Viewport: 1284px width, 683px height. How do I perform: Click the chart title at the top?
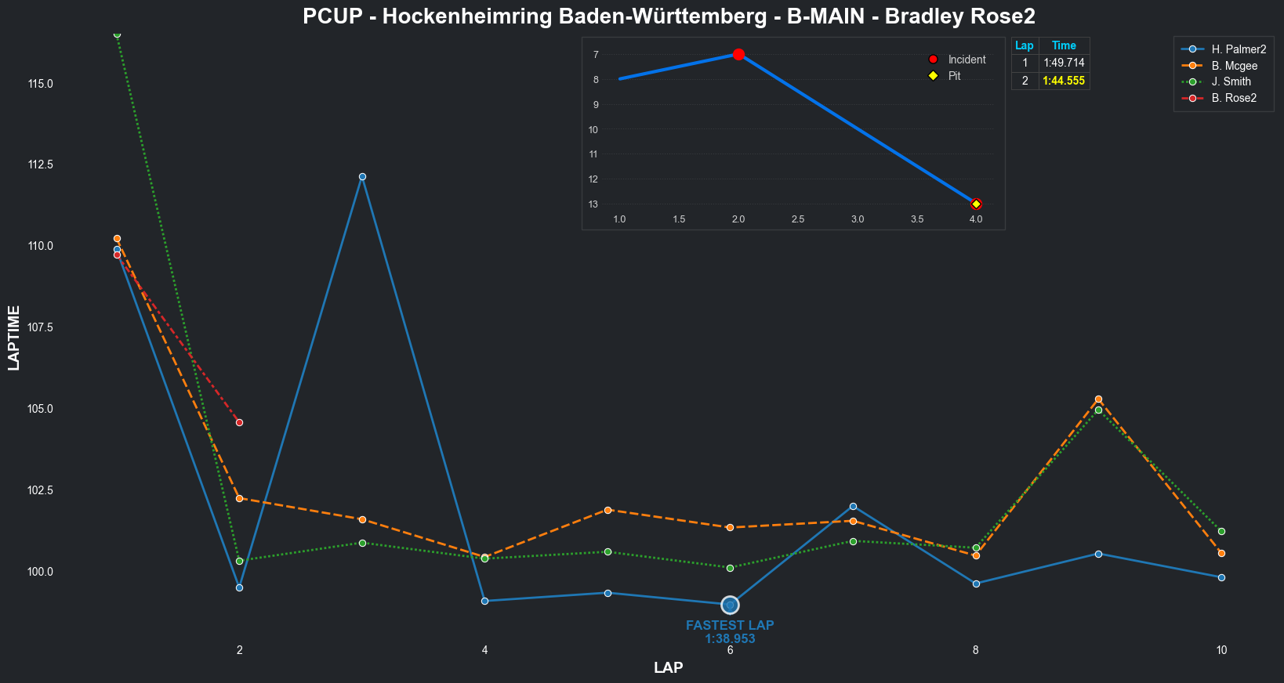(669, 16)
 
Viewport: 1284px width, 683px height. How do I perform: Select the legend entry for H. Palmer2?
(1238, 49)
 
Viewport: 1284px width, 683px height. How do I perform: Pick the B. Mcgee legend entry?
(1234, 66)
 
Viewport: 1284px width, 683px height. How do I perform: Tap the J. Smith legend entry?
(1231, 81)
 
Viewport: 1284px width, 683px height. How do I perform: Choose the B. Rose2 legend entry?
(1233, 98)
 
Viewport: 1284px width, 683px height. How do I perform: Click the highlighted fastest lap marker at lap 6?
(730, 605)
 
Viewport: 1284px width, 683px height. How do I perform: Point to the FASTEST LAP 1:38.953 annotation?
(730, 632)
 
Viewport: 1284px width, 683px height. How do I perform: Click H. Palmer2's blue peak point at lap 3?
(362, 177)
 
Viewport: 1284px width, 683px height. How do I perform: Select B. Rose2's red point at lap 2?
(239, 422)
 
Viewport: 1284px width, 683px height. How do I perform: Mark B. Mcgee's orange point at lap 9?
(1098, 399)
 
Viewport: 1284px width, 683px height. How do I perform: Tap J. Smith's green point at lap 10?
(1221, 531)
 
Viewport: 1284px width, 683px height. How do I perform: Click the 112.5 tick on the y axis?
(41, 164)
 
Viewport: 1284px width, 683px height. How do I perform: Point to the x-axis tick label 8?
(975, 650)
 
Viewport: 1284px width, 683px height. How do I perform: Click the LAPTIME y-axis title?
(14, 338)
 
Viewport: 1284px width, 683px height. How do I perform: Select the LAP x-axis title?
(668, 668)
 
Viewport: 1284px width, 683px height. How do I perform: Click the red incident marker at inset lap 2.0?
(738, 54)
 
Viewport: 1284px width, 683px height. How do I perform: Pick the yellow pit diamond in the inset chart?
(976, 204)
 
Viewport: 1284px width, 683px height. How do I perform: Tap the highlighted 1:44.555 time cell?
(1064, 81)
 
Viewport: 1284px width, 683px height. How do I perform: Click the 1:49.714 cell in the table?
(1064, 63)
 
